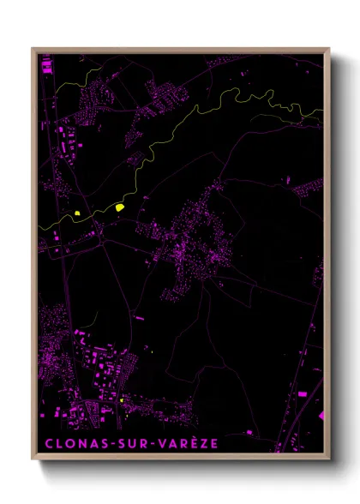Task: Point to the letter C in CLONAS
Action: coord(47,444)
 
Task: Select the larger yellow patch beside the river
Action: coord(120,207)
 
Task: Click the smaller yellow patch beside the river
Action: coord(77,213)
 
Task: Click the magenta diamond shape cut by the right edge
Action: coord(321,416)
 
